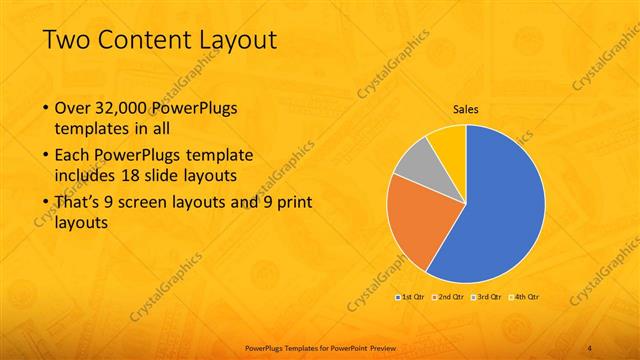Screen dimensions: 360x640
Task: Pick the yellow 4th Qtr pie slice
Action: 447,143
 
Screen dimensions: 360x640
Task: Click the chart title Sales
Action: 466,109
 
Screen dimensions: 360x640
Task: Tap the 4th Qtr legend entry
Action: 526,297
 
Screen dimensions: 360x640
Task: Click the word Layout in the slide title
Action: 234,40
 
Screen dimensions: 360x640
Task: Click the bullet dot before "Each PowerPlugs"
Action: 45,158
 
